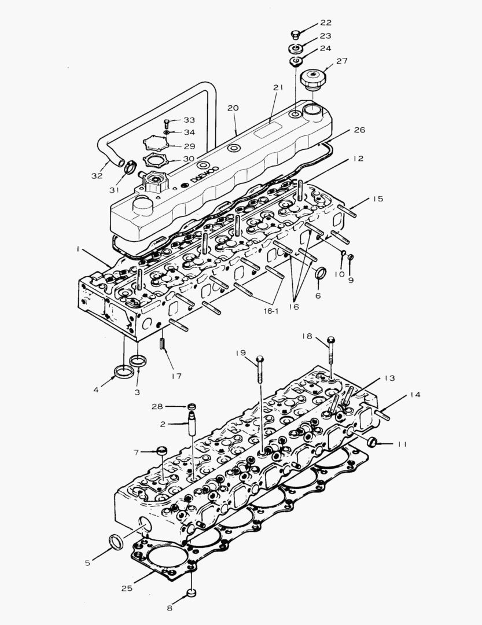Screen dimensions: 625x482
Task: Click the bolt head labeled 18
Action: click(x=331, y=340)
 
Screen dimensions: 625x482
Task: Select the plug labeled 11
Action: click(x=372, y=443)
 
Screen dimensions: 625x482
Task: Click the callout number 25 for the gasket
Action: click(x=127, y=588)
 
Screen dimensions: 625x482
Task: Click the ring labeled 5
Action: click(x=115, y=541)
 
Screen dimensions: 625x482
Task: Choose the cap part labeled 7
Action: click(x=163, y=450)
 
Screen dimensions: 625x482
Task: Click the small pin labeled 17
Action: click(x=164, y=343)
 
